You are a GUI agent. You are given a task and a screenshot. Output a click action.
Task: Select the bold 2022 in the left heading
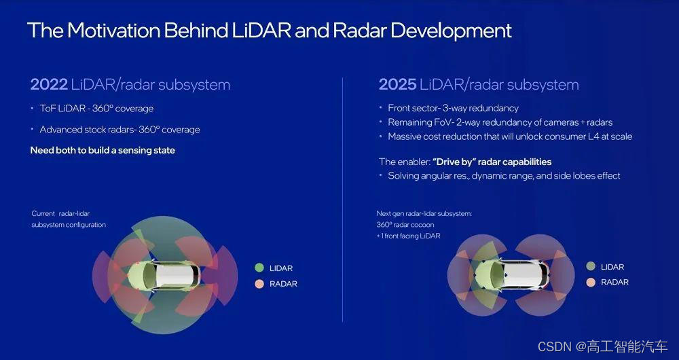[49, 84]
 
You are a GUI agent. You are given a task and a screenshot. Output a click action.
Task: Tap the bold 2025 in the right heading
[397, 84]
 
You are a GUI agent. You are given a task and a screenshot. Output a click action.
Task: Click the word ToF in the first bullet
[48, 108]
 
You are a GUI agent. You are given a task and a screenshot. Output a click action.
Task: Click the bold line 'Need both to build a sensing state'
[103, 151]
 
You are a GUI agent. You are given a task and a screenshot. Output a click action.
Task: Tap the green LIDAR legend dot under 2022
[259, 268]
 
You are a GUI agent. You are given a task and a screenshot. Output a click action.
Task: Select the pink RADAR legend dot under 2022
[259, 284]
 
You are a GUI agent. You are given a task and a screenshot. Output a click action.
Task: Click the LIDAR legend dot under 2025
[591, 266]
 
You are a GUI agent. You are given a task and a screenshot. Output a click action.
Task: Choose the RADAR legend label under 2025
[614, 283]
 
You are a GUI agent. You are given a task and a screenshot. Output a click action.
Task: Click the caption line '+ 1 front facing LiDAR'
[408, 236]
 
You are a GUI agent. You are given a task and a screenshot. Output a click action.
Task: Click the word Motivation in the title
[113, 31]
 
